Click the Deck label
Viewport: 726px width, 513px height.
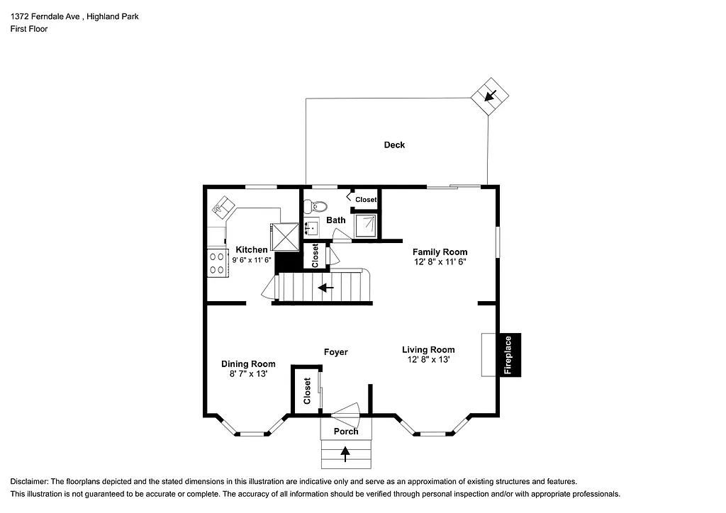click(x=394, y=145)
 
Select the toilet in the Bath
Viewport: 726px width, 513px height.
click(x=313, y=207)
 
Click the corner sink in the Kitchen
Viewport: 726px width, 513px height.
click(x=223, y=207)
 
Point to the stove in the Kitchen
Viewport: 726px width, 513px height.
click(x=215, y=263)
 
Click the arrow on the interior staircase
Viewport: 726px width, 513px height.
click(x=326, y=288)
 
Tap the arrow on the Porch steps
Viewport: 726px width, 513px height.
click(x=345, y=453)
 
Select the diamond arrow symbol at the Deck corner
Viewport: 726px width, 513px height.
click(x=490, y=96)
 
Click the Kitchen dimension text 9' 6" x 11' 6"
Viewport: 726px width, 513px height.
click(x=252, y=260)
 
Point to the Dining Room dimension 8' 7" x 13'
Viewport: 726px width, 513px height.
click(x=247, y=374)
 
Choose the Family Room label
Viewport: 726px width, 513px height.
click(x=440, y=252)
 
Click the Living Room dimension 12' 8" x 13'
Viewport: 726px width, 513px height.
click(x=428, y=359)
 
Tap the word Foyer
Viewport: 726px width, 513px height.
click(x=335, y=352)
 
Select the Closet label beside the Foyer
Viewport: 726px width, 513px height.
click(x=307, y=390)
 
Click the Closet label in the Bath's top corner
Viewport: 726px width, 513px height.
click(x=366, y=200)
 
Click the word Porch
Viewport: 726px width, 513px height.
click(x=346, y=432)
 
